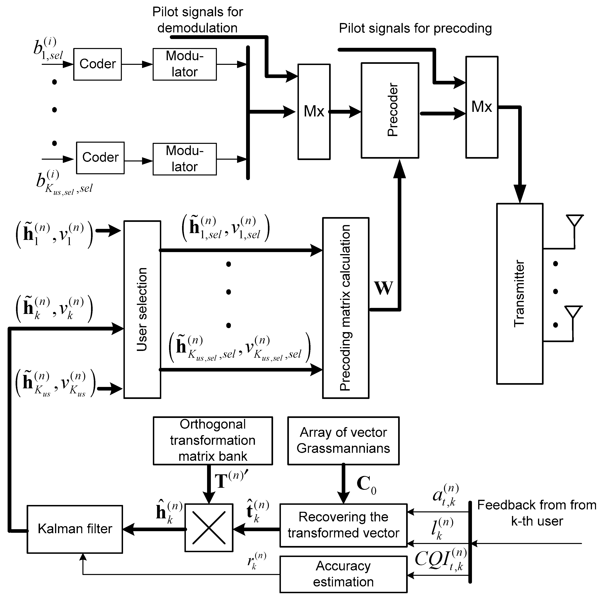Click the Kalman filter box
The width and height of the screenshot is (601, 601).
pos(75,529)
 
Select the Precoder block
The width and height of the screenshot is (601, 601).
pos(390,110)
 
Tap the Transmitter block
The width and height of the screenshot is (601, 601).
pos(520,293)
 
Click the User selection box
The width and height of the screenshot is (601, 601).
pos(142,309)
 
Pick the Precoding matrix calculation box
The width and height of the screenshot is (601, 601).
pos(346,308)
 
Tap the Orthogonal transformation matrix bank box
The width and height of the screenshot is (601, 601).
pos(213,441)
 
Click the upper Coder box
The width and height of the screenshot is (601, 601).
pos(97,64)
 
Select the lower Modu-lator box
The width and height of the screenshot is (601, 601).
pos(184,159)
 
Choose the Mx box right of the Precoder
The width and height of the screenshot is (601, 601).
pos(482,107)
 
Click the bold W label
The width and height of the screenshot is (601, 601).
pos(384,288)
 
